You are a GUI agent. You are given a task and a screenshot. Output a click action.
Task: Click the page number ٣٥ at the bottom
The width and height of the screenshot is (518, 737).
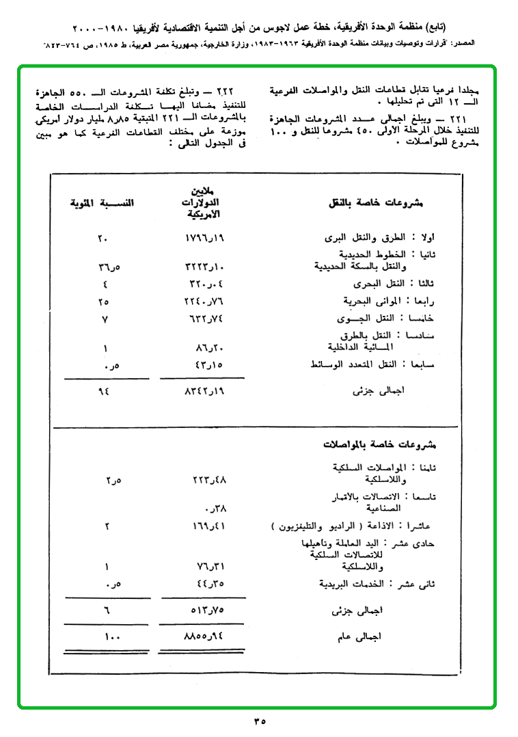[x=259, y=720]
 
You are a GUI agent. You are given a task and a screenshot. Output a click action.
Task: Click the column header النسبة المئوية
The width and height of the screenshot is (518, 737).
[x=104, y=203]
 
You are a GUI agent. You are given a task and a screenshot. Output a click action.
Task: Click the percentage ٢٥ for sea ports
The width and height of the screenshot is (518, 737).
[x=104, y=301]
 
